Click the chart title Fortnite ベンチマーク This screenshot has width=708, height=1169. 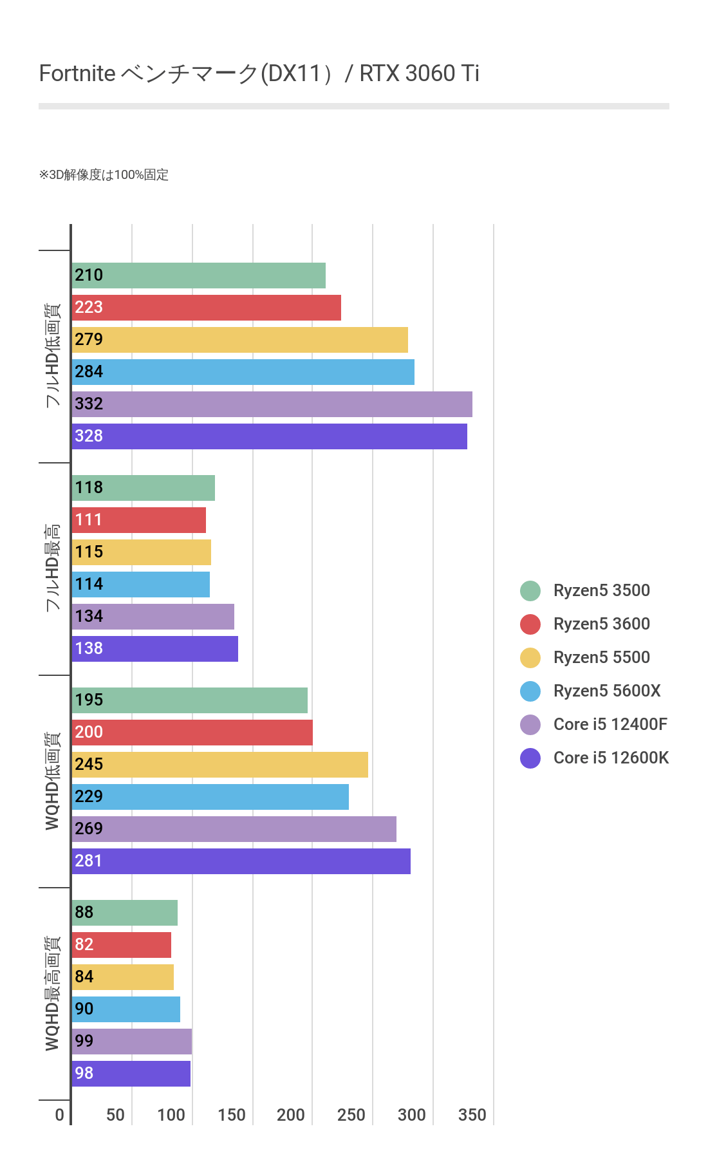click(259, 74)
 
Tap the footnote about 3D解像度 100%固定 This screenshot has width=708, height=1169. click(104, 175)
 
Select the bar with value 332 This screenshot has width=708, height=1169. click(272, 404)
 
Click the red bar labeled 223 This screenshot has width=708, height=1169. click(206, 308)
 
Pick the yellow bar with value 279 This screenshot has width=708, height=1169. click(239, 340)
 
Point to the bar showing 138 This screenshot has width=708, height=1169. click(154, 649)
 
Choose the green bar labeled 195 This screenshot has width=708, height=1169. click(189, 700)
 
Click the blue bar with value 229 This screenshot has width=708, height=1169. click(210, 797)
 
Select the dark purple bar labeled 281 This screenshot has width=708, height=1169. click(241, 861)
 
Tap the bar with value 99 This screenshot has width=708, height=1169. click(131, 1042)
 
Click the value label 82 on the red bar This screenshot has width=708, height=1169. click(84, 944)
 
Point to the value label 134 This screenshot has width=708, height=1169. click(89, 616)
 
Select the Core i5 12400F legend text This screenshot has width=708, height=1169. click(610, 724)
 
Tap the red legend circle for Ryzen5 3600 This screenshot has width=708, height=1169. click(530, 624)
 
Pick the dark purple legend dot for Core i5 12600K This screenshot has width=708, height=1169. click(530, 758)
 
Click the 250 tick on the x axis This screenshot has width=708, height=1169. click(351, 1115)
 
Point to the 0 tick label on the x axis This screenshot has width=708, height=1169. click(60, 1115)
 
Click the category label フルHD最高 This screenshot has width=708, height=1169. click(52, 568)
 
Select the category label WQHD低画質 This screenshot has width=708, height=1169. click(52, 781)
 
